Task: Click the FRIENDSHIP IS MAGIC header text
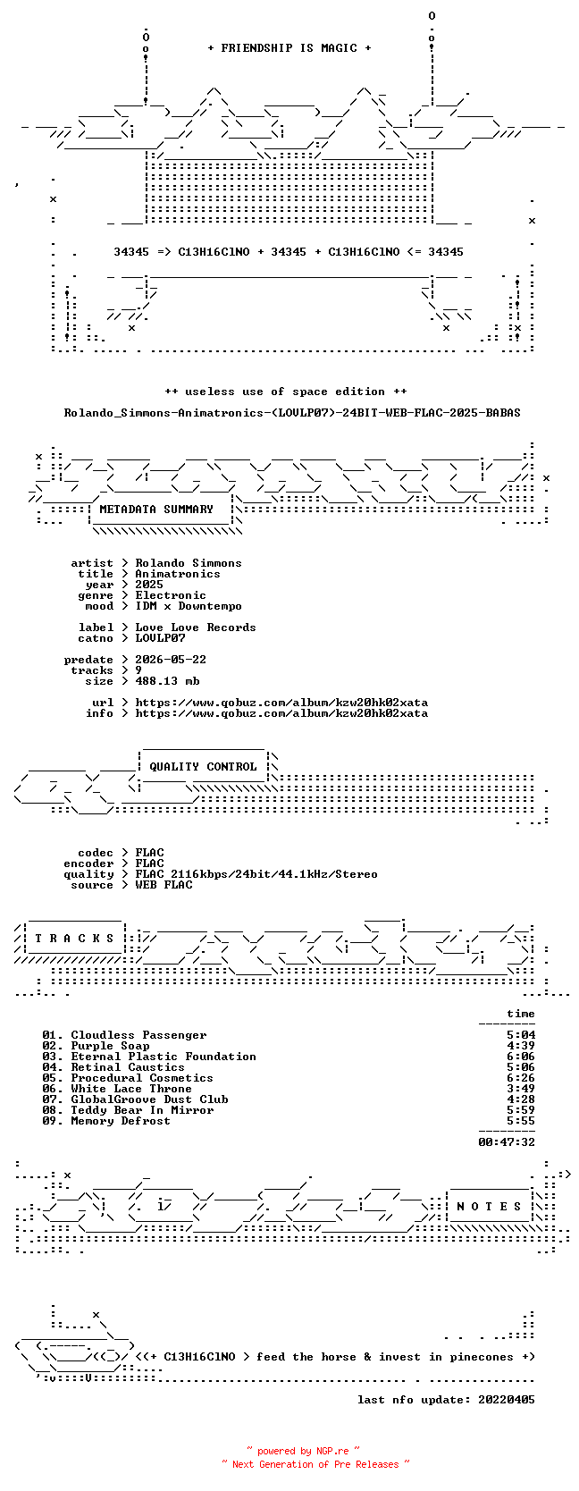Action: coord(289,48)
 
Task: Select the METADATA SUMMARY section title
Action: coord(156,510)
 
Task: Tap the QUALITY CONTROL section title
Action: coord(203,767)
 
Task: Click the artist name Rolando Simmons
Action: coord(189,563)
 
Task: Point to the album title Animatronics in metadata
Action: coord(178,574)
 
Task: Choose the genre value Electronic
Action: coord(171,595)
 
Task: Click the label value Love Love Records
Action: coord(196,627)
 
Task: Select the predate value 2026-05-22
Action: coord(171,660)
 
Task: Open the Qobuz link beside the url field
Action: coord(281,703)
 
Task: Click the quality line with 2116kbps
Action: coord(256,874)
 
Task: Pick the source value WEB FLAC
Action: coord(164,885)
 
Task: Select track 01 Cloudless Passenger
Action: coord(124,1035)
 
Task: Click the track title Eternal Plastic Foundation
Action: coord(164,1057)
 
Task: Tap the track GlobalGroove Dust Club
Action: coord(150,1099)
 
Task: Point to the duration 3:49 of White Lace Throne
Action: coord(521,1088)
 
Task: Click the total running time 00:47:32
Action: coord(507,1141)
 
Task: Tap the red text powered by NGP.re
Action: coord(304,1451)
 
